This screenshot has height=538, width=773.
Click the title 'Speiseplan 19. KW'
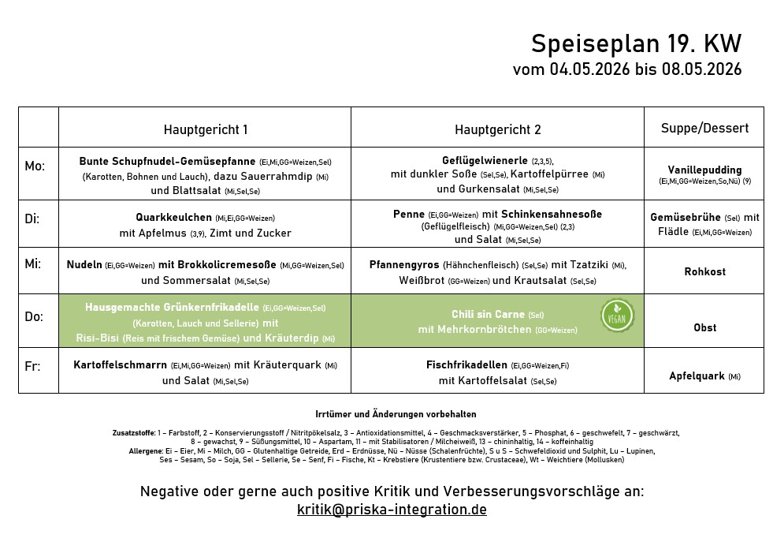(x=636, y=43)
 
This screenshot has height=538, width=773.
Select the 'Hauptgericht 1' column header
(x=206, y=129)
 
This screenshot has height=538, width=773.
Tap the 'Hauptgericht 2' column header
(x=497, y=129)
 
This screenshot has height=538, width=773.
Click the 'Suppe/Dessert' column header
(x=704, y=128)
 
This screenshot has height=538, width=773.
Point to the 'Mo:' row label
(x=35, y=166)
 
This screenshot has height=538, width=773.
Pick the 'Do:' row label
(x=34, y=316)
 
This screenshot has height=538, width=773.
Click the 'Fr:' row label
(x=32, y=367)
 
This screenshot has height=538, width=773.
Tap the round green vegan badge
(x=617, y=316)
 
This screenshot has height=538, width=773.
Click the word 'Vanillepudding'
(x=704, y=170)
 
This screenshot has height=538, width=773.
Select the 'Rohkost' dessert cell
(x=704, y=271)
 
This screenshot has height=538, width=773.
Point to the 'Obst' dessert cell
(x=704, y=327)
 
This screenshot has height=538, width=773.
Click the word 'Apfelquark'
(x=697, y=376)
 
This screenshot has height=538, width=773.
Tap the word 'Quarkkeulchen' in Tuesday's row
(x=173, y=217)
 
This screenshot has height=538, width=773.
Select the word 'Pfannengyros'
(x=404, y=264)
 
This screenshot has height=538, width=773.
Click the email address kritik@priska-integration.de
(x=392, y=510)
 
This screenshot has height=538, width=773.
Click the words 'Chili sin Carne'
(x=488, y=314)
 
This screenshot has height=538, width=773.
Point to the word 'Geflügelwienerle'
(x=485, y=160)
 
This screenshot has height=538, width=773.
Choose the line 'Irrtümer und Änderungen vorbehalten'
(x=396, y=414)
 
